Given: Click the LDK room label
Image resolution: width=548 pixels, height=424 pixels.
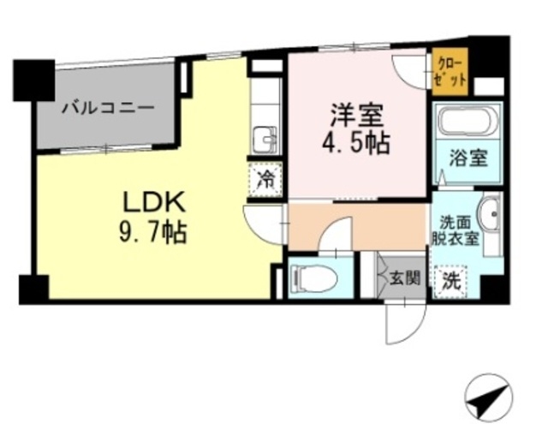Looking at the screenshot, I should click(x=155, y=203).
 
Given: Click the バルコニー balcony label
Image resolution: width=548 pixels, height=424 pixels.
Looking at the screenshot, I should click(x=108, y=109).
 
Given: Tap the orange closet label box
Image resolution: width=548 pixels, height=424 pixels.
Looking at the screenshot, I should click(x=449, y=71).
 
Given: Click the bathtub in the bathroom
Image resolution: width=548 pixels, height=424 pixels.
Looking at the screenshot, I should click(x=467, y=121).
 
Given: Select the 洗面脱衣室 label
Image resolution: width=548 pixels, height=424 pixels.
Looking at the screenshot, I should click(x=455, y=230).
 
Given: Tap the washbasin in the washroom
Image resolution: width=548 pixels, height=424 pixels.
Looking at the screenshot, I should click(x=489, y=213).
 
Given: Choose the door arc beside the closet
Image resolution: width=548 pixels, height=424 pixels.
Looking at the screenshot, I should click(x=409, y=71).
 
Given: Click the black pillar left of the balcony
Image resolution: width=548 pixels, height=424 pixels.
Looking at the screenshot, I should click(x=33, y=80).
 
